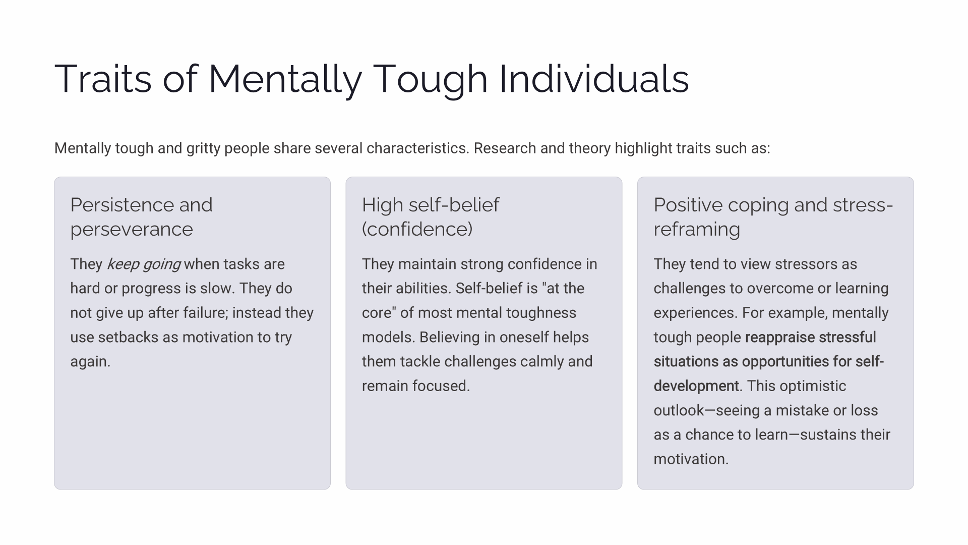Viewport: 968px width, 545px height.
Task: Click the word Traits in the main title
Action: tap(103, 79)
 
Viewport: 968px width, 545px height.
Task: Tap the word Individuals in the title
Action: tap(594, 79)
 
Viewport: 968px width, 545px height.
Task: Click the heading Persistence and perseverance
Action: tap(142, 217)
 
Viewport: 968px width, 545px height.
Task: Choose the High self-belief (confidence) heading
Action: tap(431, 217)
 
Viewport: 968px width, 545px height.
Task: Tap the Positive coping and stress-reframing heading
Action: tap(773, 217)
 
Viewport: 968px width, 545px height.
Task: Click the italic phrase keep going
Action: tap(144, 264)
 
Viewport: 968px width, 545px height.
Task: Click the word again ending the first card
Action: tap(90, 362)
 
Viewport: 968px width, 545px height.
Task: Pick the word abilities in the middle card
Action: tap(424, 289)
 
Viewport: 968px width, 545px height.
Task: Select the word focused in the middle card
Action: tap(441, 386)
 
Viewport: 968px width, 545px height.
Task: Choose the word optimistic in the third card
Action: tap(813, 386)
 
